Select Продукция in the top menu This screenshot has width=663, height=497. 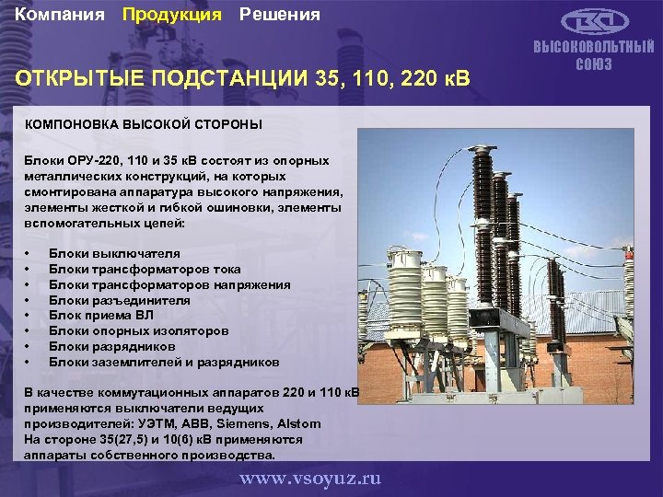[172, 15]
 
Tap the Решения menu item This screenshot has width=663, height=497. [280, 15]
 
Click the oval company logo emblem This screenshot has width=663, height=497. [594, 21]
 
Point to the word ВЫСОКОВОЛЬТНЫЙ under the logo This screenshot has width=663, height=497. [594, 49]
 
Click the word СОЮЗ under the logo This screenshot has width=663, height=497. [594, 64]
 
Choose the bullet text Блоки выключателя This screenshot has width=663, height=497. [114, 253]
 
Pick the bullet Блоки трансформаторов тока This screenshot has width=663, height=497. [145, 269]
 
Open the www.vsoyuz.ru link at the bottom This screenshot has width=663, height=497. [310, 479]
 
